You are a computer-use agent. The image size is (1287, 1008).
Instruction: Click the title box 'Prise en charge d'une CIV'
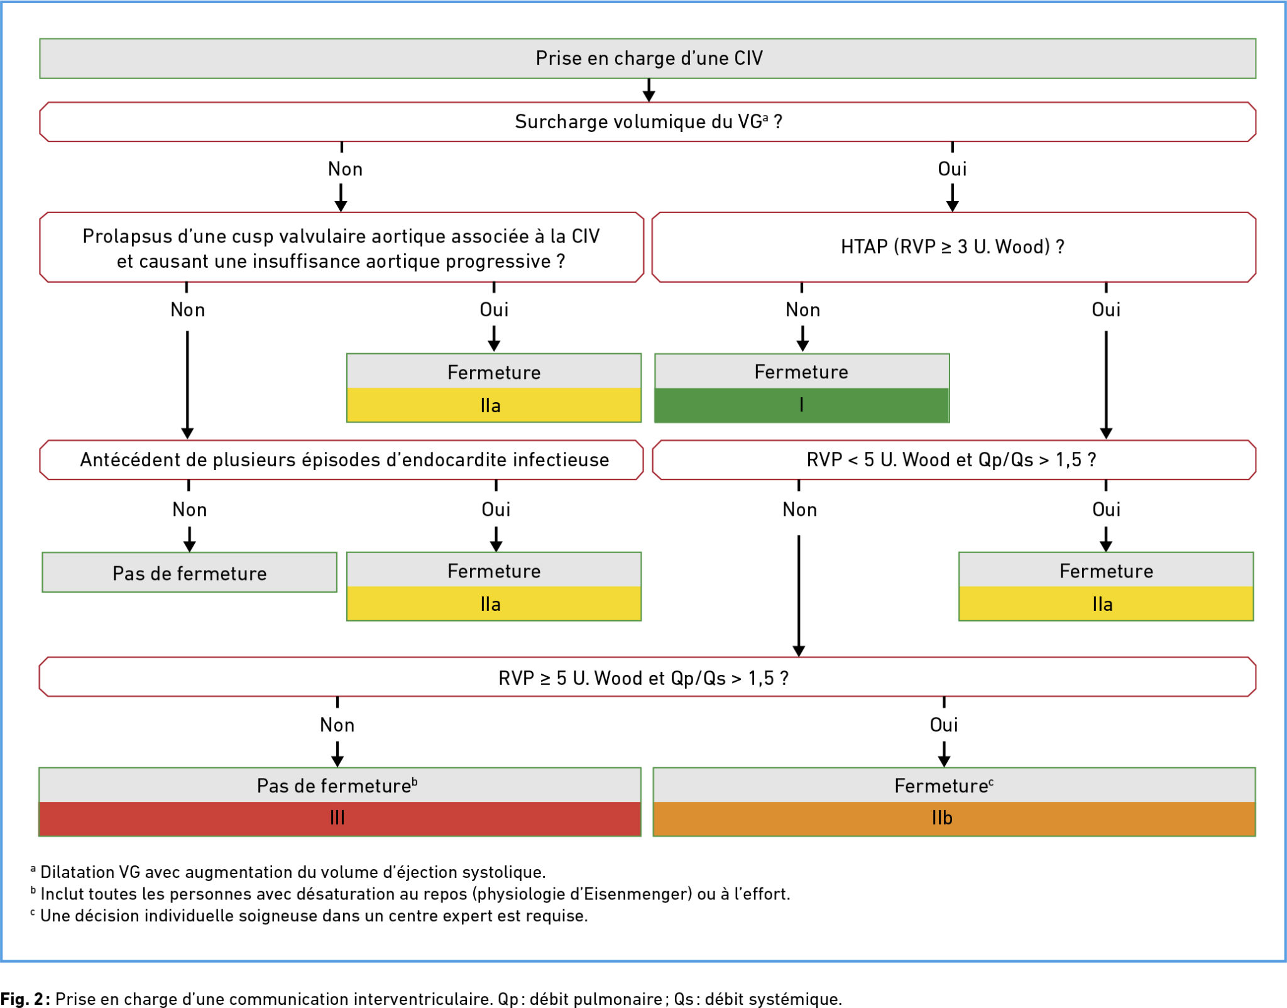coord(647,58)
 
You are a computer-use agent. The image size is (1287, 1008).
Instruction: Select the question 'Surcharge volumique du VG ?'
coord(647,122)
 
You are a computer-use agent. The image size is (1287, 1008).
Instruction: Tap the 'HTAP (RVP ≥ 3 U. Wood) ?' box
coord(953,247)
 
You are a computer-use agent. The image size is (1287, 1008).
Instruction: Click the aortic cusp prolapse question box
coord(341,247)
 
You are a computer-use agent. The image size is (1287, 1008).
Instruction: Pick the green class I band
coord(802,405)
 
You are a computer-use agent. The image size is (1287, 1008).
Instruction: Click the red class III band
coord(339,818)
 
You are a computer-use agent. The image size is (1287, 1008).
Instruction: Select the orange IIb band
coord(954,818)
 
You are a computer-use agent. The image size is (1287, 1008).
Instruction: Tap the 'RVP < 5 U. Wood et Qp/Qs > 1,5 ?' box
coord(953,460)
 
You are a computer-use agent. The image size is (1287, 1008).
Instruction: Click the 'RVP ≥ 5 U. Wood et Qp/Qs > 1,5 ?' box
coord(647,677)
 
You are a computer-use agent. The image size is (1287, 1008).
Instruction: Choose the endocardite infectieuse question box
coord(341,460)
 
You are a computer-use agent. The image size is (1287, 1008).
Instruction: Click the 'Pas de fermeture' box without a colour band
coord(189,572)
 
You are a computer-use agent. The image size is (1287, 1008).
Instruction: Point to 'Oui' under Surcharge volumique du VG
coord(952,169)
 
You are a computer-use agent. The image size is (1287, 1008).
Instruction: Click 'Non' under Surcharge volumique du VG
coord(345,169)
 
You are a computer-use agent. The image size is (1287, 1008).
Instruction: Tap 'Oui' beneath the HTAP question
coord(1106,310)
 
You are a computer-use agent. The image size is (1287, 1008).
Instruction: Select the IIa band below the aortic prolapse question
coord(494,405)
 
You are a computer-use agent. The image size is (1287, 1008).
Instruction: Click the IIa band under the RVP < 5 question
coord(1106,604)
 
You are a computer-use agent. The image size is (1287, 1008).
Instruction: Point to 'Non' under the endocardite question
coord(189,510)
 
